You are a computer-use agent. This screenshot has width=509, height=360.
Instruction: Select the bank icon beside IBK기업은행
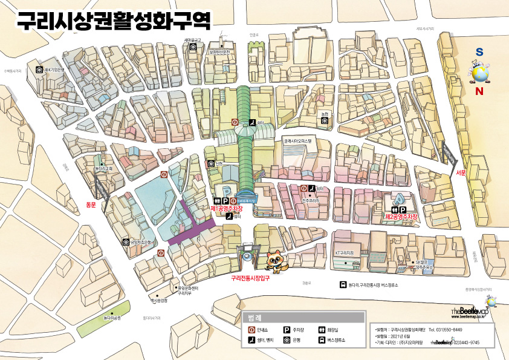(39, 70)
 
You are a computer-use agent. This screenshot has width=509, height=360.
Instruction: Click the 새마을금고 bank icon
(193, 47)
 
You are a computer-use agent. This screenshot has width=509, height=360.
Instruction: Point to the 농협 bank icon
(325, 120)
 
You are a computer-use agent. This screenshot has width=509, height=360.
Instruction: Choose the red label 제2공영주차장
(402, 216)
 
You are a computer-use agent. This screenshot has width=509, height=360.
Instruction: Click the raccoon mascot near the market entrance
(277, 261)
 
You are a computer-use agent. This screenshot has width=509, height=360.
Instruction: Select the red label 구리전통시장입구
(250, 279)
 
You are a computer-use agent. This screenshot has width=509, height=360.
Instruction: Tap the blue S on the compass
(479, 53)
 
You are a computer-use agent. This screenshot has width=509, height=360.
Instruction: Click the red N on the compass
(479, 92)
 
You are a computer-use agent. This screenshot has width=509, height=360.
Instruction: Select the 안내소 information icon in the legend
(251, 330)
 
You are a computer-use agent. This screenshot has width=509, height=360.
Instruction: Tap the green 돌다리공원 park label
(112, 317)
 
